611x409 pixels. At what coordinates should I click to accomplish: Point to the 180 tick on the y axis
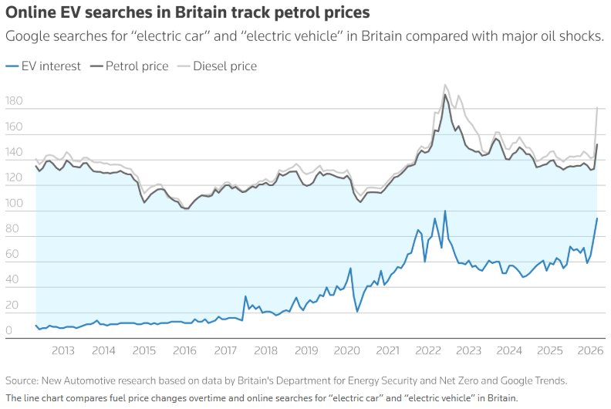(14, 102)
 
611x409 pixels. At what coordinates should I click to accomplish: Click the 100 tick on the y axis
(14, 204)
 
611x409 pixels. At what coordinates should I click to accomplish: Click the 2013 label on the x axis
(62, 350)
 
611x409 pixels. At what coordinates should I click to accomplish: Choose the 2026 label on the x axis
(590, 350)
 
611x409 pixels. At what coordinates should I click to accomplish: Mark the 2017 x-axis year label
(225, 350)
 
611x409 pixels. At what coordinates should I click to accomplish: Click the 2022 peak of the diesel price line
(446, 85)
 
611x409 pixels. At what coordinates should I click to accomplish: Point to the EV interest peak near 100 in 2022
(445, 211)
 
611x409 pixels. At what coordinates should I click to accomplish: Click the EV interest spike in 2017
(245, 296)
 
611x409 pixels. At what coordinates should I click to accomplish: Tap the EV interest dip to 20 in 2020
(357, 311)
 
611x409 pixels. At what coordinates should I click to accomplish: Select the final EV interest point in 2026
(597, 218)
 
